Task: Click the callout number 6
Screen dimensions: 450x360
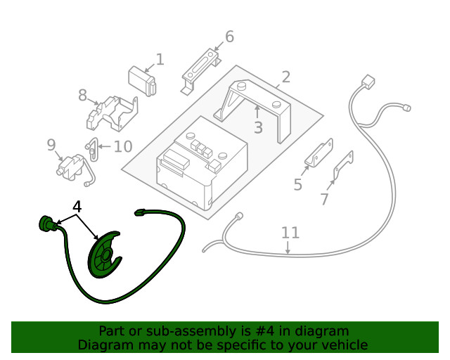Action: [x=229, y=37]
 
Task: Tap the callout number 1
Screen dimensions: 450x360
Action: [x=160, y=60]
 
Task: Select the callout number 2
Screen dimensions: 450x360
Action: [x=285, y=77]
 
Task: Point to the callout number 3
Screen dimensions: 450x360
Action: [x=258, y=127]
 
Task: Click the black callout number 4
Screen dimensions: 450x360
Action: [x=77, y=207]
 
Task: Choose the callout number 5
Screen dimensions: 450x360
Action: [x=298, y=184]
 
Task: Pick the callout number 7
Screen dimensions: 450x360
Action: [x=324, y=199]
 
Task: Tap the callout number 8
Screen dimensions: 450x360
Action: [x=83, y=95]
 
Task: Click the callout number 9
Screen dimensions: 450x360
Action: [x=51, y=145]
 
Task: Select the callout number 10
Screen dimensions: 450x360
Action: [x=123, y=146]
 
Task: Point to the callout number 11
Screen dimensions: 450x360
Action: [x=290, y=233]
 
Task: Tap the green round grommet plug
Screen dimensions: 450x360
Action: [x=46, y=223]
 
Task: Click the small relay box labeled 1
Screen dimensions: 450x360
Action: [x=142, y=81]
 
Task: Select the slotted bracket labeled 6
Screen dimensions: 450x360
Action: [x=201, y=70]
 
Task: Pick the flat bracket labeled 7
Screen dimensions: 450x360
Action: [x=343, y=166]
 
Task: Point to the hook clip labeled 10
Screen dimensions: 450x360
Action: [x=92, y=149]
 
